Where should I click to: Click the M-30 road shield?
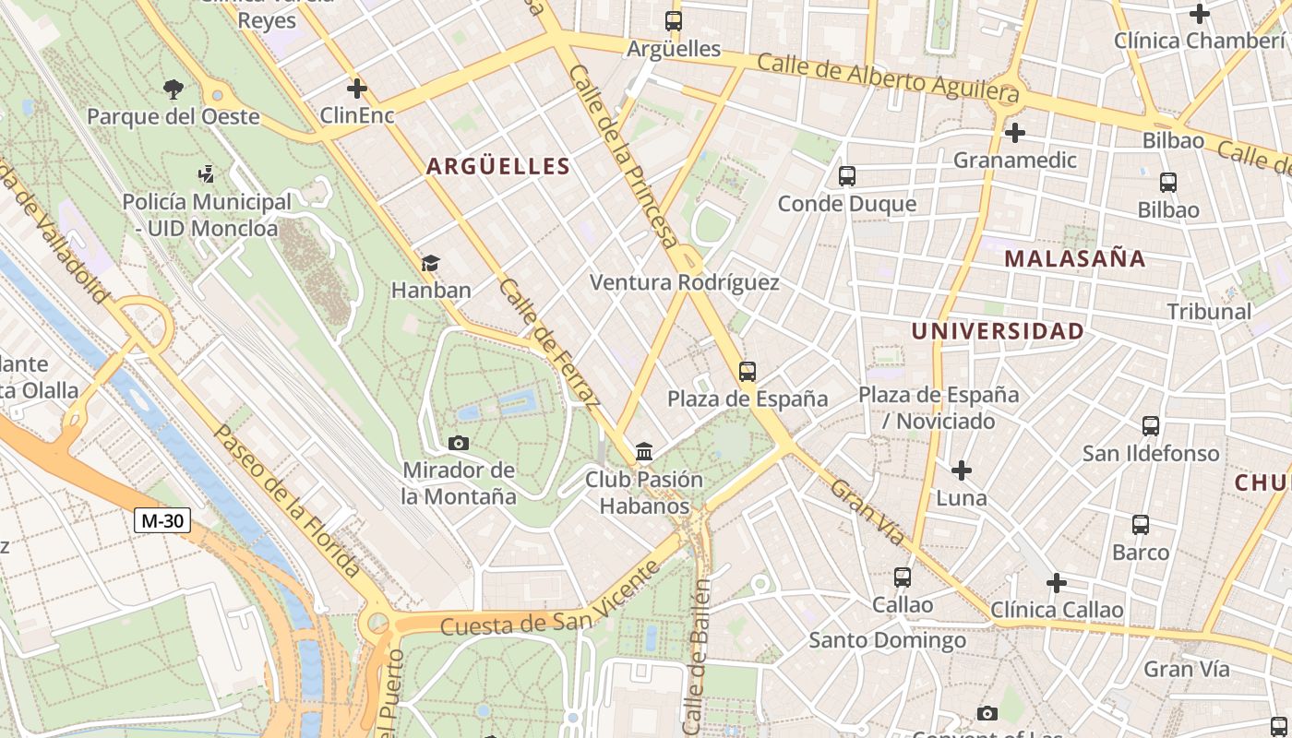162,520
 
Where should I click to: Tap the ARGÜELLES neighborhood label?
497,166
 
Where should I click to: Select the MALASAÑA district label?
1074,258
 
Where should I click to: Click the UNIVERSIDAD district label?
998,331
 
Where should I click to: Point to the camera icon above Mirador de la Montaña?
458,443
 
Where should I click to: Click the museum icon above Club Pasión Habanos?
644,452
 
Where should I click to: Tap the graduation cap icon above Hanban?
430,264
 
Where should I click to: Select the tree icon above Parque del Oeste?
173,89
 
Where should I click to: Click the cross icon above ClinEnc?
356,89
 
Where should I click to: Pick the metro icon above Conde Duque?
846,175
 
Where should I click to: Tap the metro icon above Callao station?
902,577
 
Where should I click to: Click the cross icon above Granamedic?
1014,133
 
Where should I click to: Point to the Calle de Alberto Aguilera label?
888,77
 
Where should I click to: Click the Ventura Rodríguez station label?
684,282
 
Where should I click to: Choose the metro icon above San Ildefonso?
1150,425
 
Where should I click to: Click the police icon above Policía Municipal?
206,173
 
